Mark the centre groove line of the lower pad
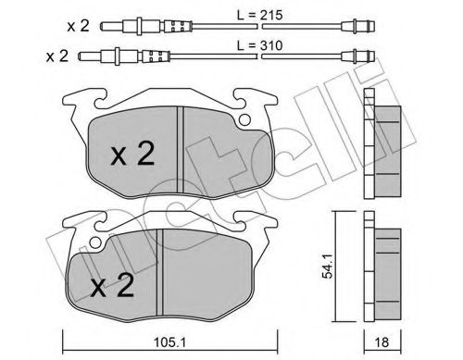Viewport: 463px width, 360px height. (x=162, y=268)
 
